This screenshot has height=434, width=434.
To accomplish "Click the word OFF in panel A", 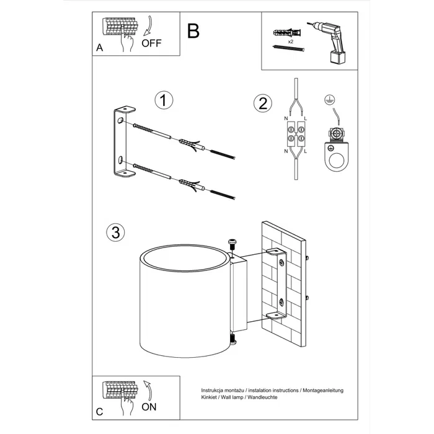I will [151, 43].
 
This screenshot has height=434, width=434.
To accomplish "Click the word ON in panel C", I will [149, 408].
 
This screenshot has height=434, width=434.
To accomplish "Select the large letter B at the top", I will [193, 31].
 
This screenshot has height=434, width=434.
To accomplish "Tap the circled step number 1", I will [162, 100].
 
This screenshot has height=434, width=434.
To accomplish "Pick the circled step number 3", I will [115, 232].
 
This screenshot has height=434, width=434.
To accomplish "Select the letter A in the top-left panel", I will [99, 48].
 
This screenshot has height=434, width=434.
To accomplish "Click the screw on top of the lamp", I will [232, 243].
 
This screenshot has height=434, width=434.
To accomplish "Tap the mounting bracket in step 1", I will [123, 143].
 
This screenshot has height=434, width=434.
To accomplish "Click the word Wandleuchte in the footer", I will [261, 397].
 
